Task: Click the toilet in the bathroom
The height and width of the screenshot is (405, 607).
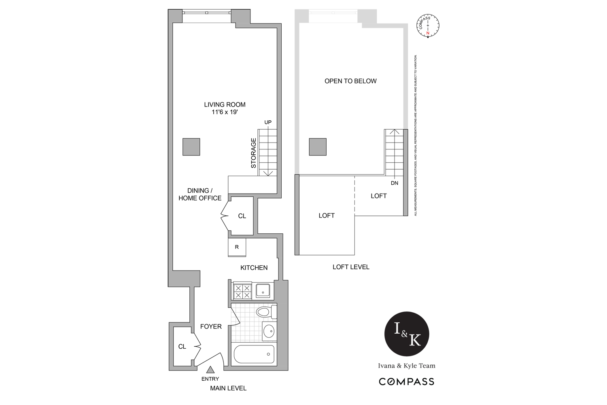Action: click(265, 312)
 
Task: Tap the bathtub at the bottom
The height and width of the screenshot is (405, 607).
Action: click(254, 354)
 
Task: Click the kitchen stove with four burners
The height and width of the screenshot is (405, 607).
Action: click(242, 292)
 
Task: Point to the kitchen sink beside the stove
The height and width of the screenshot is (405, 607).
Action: click(264, 291)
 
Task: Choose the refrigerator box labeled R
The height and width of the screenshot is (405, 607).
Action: click(237, 247)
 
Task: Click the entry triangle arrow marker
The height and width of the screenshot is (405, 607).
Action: click(210, 369)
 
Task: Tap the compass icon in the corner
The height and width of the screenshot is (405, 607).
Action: click(427, 27)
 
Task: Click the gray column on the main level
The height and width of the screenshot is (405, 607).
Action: click(191, 147)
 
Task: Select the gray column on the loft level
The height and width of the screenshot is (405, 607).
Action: click(318, 147)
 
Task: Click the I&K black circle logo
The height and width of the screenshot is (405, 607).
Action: click(406, 335)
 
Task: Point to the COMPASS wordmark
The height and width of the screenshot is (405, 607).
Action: click(406, 382)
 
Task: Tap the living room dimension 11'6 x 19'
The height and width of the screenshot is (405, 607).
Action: click(225, 112)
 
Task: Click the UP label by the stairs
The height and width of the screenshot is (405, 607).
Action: click(268, 122)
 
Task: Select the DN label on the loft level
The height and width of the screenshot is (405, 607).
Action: click(395, 183)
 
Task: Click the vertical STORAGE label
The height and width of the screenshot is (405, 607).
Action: click(254, 153)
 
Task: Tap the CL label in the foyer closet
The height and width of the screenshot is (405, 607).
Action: click(182, 347)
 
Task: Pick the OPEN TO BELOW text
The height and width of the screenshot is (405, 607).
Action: click(350, 81)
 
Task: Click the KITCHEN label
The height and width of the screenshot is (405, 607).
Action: click(254, 268)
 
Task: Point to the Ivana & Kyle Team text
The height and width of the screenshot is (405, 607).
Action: click(406, 366)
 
